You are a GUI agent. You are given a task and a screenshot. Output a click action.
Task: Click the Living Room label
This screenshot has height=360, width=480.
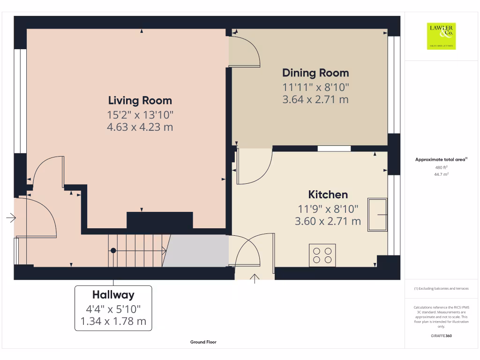pos(140,100)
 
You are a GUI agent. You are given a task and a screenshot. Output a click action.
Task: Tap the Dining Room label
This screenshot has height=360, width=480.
pos(315,73)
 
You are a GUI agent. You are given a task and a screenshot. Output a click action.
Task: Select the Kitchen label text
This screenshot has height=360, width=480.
pos(328,195)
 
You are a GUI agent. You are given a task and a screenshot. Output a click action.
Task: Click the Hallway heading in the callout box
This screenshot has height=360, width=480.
pos(113,295)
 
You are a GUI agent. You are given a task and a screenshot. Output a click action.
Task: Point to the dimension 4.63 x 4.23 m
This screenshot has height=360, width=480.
pos(140,127)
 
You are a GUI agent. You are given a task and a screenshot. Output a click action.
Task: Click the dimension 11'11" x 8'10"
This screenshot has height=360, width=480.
pos(315,87)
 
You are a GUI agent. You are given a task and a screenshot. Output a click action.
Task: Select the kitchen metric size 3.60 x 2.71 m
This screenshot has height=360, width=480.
pos(328,221)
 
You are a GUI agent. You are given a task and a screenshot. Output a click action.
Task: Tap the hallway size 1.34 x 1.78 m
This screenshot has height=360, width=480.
pos(113,322)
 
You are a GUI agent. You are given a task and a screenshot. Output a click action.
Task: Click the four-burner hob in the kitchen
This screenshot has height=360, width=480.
pos(322,255)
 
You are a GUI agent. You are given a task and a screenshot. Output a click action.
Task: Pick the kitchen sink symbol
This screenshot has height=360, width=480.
pos(377,215)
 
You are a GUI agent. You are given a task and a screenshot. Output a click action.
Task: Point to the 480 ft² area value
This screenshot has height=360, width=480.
pos(441,167)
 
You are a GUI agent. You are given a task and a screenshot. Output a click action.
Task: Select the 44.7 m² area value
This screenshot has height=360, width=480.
pos(441,174)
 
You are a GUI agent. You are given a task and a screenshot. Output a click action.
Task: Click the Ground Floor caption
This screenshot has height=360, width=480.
pos(203,342)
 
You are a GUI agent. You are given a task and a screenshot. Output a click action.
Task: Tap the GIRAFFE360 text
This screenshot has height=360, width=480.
pos(441,336)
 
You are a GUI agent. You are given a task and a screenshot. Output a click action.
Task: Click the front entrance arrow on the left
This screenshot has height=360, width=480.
pos(11,217)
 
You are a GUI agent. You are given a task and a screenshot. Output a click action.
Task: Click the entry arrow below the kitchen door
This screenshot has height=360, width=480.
pos(255,279)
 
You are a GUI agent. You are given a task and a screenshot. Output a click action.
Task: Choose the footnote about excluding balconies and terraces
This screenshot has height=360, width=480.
pos(441,289)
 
